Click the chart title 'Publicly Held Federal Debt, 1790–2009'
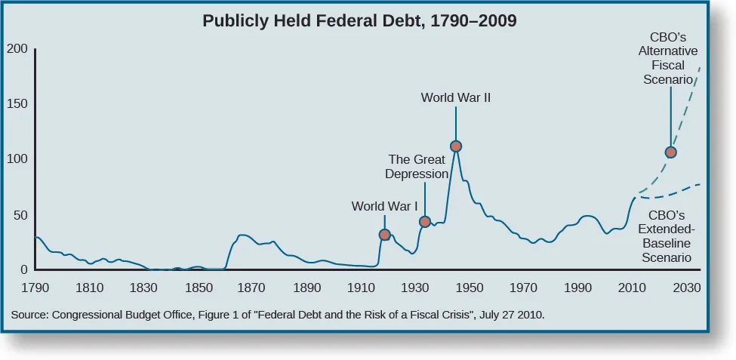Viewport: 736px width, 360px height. coord(359,21)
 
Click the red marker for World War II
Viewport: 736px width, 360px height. coord(456,146)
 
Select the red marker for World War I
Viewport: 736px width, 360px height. coord(384,235)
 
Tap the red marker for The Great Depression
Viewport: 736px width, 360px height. coord(425,222)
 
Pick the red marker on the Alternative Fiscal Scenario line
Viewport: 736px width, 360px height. coord(670,152)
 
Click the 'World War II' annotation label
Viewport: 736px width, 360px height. coord(456,97)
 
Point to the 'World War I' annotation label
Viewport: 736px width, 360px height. coord(384,206)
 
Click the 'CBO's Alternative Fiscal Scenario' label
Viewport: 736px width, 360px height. coord(667,58)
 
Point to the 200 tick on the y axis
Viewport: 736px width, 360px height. coord(18,49)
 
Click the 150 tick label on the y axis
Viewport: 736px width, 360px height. coord(18,104)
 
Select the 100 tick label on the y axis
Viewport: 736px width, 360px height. coord(18,159)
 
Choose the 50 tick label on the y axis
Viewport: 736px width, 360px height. coord(21,215)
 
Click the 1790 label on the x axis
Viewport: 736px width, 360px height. coord(35,288)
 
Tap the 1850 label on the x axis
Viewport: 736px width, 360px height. coord(198,288)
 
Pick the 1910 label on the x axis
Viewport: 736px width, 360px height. coord(360,288)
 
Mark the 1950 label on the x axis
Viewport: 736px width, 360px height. coord(469,288)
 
